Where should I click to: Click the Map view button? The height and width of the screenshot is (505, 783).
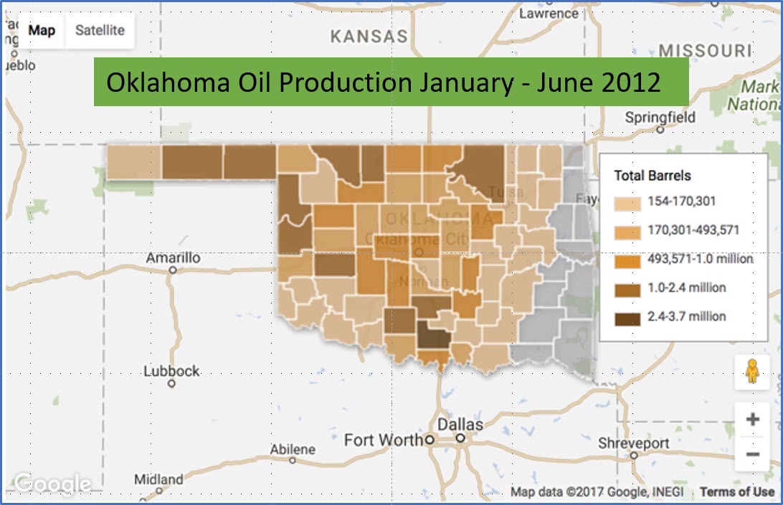tap(42, 31)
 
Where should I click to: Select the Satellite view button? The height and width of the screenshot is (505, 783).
tap(100, 31)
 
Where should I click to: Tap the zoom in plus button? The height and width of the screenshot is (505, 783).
tap(752, 420)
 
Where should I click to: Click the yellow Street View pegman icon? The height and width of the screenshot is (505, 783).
tap(752, 372)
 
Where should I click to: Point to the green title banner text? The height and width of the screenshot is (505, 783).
tap(383, 82)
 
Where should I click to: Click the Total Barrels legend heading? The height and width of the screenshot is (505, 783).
tap(652, 176)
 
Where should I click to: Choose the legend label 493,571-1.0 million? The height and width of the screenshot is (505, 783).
tap(700, 259)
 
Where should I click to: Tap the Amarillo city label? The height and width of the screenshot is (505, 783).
tap(173, 258)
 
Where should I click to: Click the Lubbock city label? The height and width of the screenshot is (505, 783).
tap(171, 372)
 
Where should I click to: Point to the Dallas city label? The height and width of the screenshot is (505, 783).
tap(460, 424)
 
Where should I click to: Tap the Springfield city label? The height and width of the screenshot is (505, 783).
tap(660, 118)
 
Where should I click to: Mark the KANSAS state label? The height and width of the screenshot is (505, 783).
tap(369, 37)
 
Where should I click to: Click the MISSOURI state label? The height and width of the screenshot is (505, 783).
tap(705, 51)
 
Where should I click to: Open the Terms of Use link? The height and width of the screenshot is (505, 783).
tap(736, 491)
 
